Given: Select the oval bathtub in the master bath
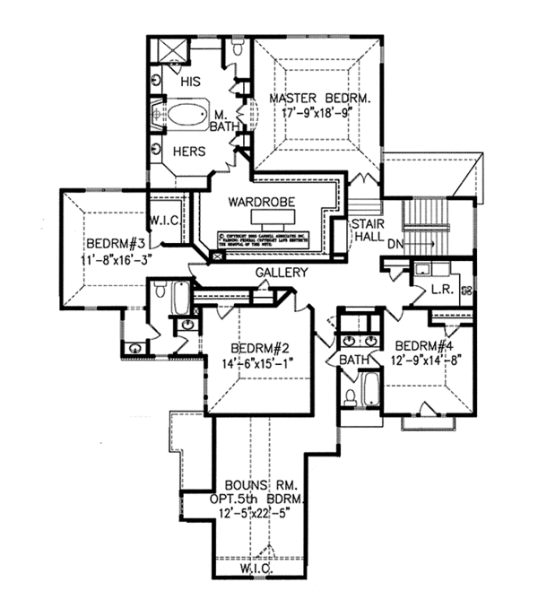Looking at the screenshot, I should [x=187, y=116].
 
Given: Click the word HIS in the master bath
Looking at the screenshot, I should [x=190, y=82].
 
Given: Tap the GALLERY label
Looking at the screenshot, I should [x=282, y=273].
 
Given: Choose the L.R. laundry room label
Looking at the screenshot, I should [x=441, y=290].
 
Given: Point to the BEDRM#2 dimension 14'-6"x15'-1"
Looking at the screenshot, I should [x=256, y=363].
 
